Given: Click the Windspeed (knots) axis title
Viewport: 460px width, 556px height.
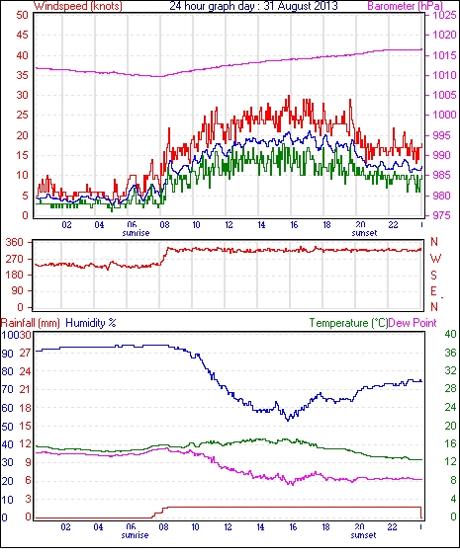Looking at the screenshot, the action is pos(77,6).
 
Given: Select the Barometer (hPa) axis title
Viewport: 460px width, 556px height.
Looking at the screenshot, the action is pos(406,6).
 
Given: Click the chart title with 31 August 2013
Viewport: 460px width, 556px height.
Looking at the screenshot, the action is pos(253,6).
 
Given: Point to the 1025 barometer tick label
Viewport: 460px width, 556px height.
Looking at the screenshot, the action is pos(444,15).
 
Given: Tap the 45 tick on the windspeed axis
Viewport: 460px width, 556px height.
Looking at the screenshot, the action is pos(22,36).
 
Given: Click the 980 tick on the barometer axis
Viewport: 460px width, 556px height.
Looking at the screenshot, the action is pos(441,196).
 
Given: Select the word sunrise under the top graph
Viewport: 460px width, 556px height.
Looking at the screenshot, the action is pos(136,233).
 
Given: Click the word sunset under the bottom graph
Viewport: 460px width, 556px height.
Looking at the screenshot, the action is pos(363,534).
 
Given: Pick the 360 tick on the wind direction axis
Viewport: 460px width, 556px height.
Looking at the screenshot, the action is pos(16,242).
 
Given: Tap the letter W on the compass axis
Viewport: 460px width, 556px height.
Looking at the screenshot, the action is pos(435,258).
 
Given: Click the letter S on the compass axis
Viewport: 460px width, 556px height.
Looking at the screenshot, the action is pos(433,275).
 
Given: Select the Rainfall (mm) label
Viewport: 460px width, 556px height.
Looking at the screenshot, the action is pos(31,323).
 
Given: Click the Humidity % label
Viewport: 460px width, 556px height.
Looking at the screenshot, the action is pos(91,323).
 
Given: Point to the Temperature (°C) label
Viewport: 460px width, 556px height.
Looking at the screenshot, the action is pos(348,323).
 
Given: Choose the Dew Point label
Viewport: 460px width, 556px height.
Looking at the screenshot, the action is pos(413,323).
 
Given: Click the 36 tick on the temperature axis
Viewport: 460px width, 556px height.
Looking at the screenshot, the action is pos(450,353).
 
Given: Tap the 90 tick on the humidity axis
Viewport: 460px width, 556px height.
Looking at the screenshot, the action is pos(8,354).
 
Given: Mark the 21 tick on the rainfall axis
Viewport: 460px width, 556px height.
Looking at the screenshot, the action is pos(27,389).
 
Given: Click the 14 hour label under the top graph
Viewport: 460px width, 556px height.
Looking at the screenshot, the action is pos(261,225).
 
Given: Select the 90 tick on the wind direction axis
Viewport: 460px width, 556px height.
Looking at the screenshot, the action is pos(18,290).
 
